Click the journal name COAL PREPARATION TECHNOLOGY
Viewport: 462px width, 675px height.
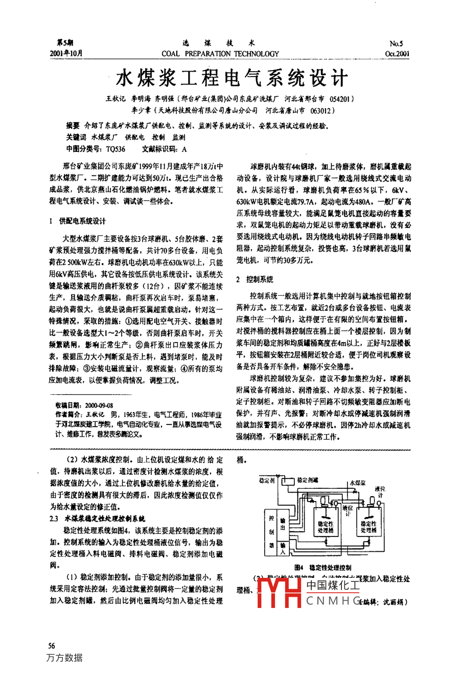coord(220,54)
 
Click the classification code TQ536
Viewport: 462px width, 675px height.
coord(115,149)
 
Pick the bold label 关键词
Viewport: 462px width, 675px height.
coord(76,137)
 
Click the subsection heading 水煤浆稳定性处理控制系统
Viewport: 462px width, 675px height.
coord(105,518)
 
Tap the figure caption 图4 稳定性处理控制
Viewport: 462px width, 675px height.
coord(322,567)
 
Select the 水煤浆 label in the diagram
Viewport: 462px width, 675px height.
coord(357,483)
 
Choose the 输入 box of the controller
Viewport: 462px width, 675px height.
coord(283,549)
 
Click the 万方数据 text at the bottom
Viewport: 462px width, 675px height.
coord(64,658)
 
